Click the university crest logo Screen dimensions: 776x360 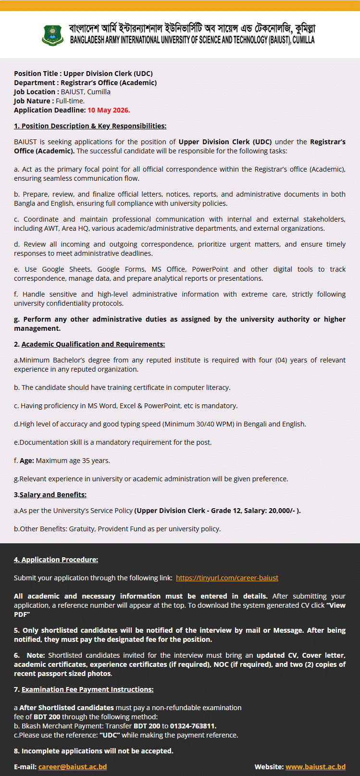(53, 35)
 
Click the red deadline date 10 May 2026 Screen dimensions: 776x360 (109, 110)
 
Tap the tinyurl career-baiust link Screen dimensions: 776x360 (227, 578)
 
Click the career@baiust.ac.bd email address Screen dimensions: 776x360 (73, 767)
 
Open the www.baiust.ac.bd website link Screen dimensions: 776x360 (315, 767)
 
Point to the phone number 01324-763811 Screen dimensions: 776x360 (193, 726)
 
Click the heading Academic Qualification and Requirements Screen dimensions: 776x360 (93, 344)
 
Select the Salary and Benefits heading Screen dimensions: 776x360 (53, 495)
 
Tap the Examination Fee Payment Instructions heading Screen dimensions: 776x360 (87, 689)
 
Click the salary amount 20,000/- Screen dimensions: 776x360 (282, 511)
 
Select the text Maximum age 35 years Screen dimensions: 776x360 (73, 461)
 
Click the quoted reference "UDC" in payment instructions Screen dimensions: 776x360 (110, 735)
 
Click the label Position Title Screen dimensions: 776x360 (37, 74)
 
